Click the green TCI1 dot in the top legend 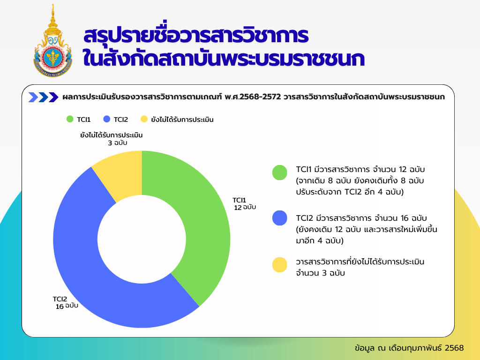70,119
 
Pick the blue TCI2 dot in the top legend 107,119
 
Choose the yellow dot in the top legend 144,119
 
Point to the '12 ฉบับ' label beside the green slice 245,208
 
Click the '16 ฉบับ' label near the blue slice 67,306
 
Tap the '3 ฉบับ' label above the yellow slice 118,143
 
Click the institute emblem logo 52,41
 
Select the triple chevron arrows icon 43,97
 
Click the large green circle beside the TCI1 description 280,172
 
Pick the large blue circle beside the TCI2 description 280,218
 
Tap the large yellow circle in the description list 280,265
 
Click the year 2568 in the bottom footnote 454,348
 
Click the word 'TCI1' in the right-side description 304,169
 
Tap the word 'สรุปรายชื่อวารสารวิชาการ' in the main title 196,35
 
